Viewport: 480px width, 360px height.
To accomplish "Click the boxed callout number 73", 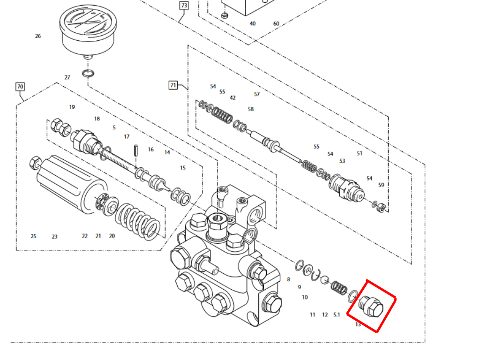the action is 184,6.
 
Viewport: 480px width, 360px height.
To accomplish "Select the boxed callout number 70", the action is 20,87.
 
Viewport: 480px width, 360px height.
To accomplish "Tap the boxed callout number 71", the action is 173,85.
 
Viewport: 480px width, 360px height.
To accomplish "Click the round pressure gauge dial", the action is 88,29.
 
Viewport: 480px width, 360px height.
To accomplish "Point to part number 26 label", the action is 38,36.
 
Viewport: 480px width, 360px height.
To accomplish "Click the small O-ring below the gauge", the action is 88,74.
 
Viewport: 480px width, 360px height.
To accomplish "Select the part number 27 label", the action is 67,77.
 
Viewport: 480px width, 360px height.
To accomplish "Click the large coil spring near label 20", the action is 138,220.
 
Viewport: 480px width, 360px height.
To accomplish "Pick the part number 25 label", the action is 33,236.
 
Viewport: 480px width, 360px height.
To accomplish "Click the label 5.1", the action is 337,315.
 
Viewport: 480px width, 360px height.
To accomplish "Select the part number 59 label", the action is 381,185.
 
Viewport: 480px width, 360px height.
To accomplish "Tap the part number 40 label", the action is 253,23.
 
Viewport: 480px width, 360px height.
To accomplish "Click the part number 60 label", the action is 276,23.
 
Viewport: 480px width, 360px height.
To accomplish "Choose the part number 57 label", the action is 257,94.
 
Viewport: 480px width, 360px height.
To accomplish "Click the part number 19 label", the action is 72,107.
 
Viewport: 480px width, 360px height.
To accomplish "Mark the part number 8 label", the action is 288,279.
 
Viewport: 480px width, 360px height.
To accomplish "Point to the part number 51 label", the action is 360,153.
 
